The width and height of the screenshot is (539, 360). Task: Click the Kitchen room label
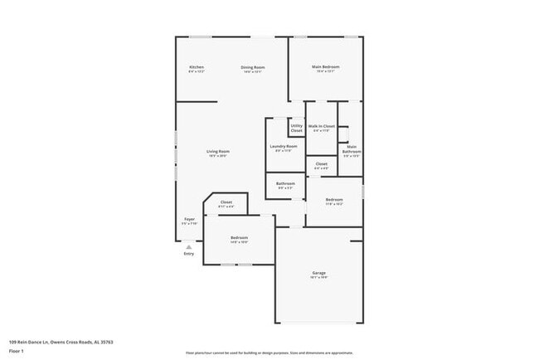tap(197, 67)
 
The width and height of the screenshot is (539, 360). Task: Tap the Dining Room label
tap(253, 67)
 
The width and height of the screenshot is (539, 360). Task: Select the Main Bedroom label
tap(326, 67)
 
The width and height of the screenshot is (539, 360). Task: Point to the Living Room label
tap(218, 152)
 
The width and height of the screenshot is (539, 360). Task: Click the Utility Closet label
tap(297, 129)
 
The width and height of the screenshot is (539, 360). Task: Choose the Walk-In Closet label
tap(322, 127)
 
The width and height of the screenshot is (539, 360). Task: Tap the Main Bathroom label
tap(352, 150)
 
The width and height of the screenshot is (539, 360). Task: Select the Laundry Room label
tap(283, 147)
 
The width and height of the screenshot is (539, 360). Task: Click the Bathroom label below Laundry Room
tap(285, 184)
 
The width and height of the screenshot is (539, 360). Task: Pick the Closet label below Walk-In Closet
tap(322, 164)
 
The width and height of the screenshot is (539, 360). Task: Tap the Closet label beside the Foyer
tap(226, 203)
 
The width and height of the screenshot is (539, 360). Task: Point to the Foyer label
tap(189, 220)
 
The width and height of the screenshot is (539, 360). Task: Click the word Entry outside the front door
tap(188, 254)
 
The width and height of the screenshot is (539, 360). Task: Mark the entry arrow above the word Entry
tap(188, 246)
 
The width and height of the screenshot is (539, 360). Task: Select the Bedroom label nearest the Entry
tap(239, 238)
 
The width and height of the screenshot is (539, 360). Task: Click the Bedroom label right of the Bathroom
tap(334, 200)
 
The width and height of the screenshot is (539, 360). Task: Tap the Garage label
tap(318, 273)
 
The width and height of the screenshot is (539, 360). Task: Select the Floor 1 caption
tap(17, 351)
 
